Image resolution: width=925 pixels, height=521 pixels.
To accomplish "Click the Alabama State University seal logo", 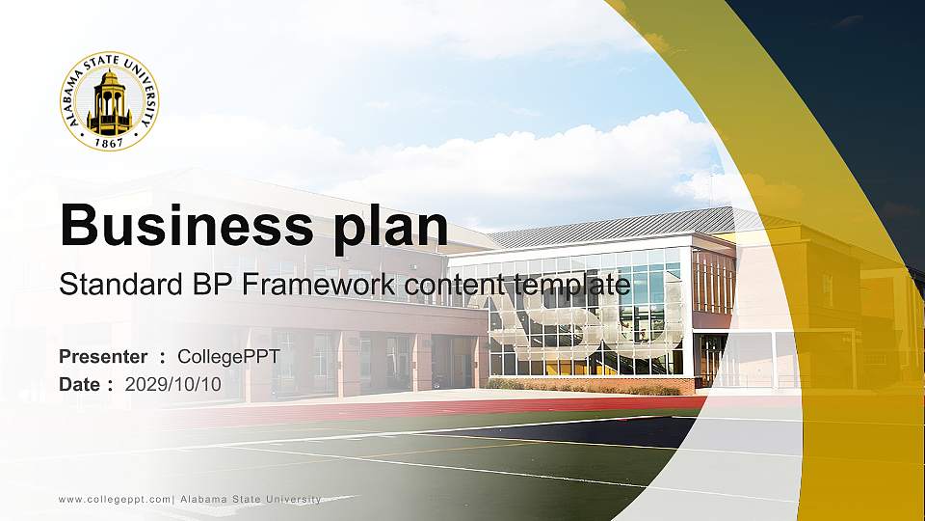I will (110, 100).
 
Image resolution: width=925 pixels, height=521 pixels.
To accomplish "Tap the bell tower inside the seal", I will (110, 100).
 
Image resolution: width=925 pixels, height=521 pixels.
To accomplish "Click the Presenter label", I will (103, 357).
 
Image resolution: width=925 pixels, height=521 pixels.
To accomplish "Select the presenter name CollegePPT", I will (228, 357).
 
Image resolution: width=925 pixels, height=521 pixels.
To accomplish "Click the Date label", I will (81, 384).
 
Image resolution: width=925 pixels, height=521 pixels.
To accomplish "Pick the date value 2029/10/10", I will (173, 384).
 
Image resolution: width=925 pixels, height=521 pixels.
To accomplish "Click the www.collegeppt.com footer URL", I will (115, 499).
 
